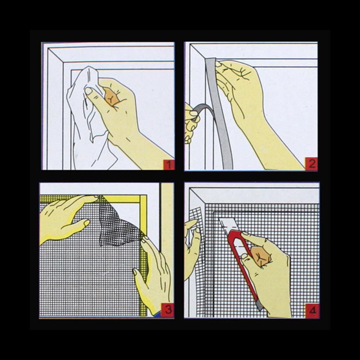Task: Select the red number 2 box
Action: point(311,164)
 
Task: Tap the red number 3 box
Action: point(167,310)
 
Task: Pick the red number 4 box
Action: point(312,311)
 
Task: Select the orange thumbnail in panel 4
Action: point(261,256)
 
